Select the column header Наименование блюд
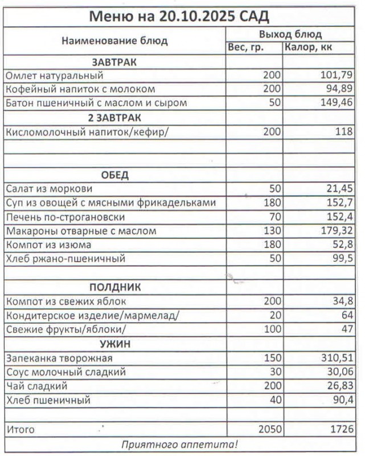pos(114,40)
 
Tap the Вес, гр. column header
pos(245,47)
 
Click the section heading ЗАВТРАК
pos(114,62)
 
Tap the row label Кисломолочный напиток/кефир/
pos(72,132)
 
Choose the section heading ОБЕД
pos(114,174)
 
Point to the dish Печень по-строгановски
pos(64,217)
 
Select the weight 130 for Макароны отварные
pos(273,231)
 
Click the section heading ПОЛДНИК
pos(114,287)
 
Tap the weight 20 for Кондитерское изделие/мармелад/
pos(276,315)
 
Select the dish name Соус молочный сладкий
pos(65,372)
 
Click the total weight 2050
pos(270,429)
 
